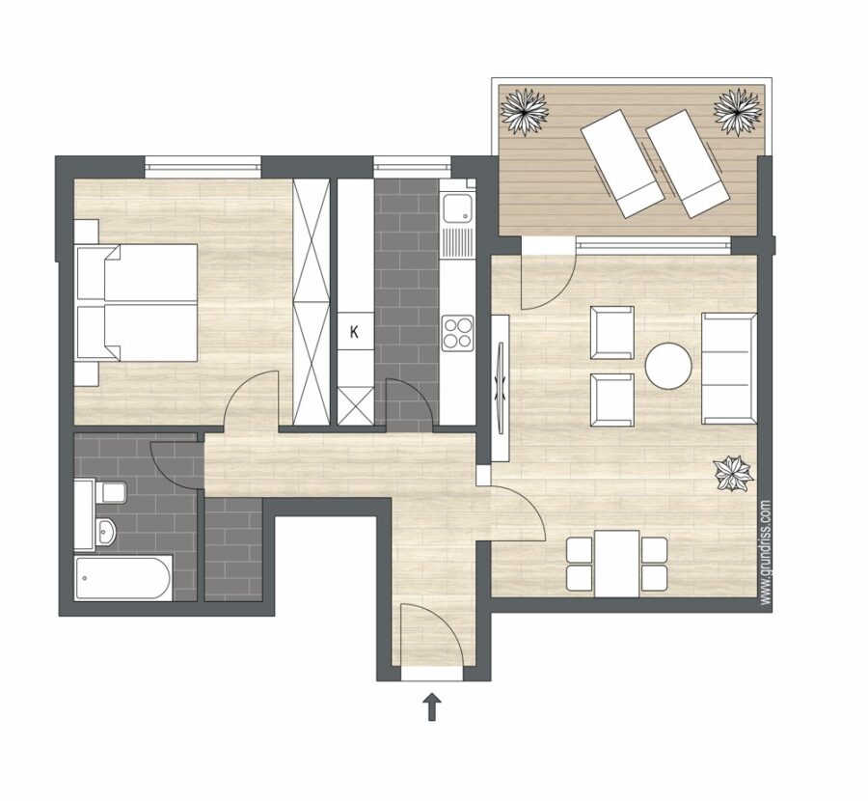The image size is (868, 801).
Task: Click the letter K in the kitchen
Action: pos(354,332)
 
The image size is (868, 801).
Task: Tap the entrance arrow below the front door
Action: pos(432,706)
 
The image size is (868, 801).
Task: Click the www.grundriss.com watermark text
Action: pos(766,552)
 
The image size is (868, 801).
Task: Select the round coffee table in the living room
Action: pos(668,366)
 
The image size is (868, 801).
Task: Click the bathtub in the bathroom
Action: pos(122,578)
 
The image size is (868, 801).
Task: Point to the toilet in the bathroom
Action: pos(111,492)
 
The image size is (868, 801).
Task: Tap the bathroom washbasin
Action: pos(105,532)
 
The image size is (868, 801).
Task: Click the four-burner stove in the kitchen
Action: pos(458,332)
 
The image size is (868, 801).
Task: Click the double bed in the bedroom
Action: pos(137,302)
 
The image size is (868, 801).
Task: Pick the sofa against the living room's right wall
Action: pos(729,369)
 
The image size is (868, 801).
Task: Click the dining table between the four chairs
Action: pos(616,564)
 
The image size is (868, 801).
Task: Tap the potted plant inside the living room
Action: pos(734,474)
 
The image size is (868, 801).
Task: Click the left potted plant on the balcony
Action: pos(524,111)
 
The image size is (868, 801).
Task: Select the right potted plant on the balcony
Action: pos(738,111)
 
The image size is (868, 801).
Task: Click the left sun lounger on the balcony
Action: pos(623,163)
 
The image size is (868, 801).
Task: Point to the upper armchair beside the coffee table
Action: pos(612,333)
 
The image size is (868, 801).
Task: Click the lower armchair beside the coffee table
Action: pos(612,400)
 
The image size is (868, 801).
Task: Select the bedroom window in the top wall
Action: pos(203,163)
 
